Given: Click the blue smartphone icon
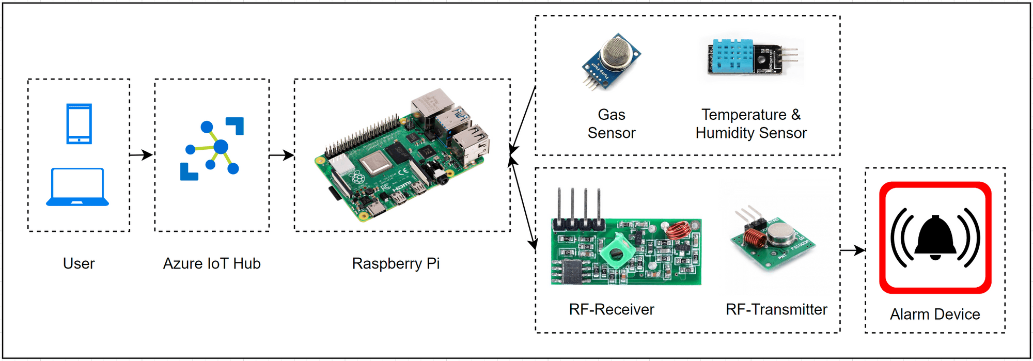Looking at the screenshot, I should click(x=79, y=123).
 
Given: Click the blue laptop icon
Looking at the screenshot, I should click(x=77, y=187).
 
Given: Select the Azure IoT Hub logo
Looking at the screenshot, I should click(x=212, y=149).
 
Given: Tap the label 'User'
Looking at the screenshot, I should click(x=79, y=263).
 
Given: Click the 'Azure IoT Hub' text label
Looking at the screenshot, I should click(x=212, y=263).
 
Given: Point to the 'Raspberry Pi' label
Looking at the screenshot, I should click(x=396, y=263).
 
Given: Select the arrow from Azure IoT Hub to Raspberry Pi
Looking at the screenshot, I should click(x=281, y=154).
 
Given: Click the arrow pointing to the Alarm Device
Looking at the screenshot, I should click(x=852, y=250).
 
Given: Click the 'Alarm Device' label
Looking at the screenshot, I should click(x=935, y=314).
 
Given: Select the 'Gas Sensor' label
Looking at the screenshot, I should click(x=612, y=123).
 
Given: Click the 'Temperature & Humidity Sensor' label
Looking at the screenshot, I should click(x=751, y=123).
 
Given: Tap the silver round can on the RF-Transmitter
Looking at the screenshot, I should click(x=780, y=233).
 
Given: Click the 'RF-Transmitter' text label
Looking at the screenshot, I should click(x=776, y=309).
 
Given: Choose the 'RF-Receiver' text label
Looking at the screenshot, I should click(x=612, y=309).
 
